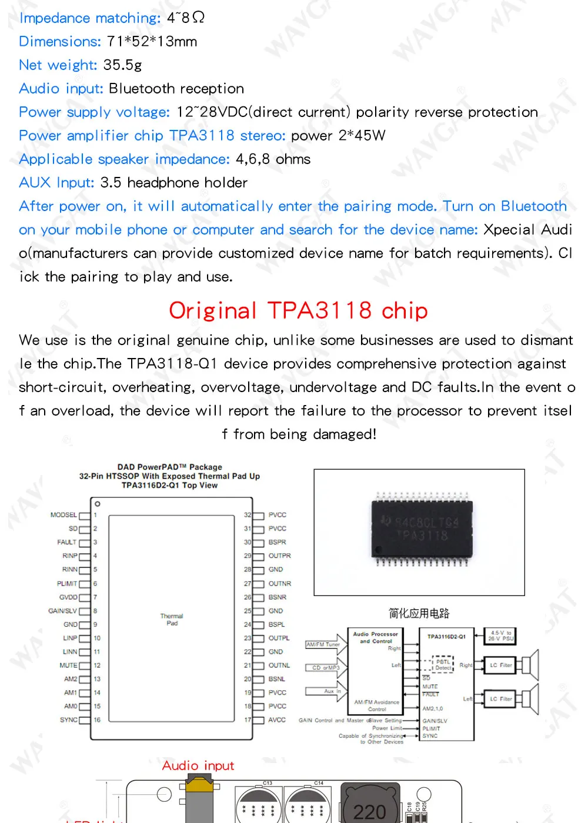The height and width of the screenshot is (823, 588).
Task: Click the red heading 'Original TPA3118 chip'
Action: click(x=298, y=310)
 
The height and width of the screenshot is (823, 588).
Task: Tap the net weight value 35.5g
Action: click(x=122, y=65)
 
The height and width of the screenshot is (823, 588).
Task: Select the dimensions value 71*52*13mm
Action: click(x=152, y=41)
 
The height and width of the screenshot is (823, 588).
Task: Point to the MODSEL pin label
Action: click(x=64, y=515)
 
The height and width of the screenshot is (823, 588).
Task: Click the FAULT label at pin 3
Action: click(x=66, y=542)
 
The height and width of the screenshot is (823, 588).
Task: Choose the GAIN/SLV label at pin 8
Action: click(x=62, y=611)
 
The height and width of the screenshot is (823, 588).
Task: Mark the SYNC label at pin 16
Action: click(x=68, y=720)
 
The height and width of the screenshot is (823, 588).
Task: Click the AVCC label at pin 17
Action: click(x=277, y=720)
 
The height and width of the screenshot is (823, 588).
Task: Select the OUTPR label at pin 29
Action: click(x=279, y=556)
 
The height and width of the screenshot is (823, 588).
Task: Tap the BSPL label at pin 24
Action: click(x=276, y=624)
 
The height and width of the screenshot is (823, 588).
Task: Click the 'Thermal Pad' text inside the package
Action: click(x=172, y=620)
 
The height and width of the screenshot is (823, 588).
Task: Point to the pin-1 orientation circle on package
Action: click(x=98, y=504)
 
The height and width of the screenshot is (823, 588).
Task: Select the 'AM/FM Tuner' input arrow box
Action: click(x=323, y=645)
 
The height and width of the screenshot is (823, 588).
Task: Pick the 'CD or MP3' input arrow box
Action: click(x=326, y=668)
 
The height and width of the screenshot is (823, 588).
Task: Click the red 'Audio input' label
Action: click(x=198, y=765)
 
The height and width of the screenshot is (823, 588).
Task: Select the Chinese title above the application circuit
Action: click(x=419, y=613)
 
